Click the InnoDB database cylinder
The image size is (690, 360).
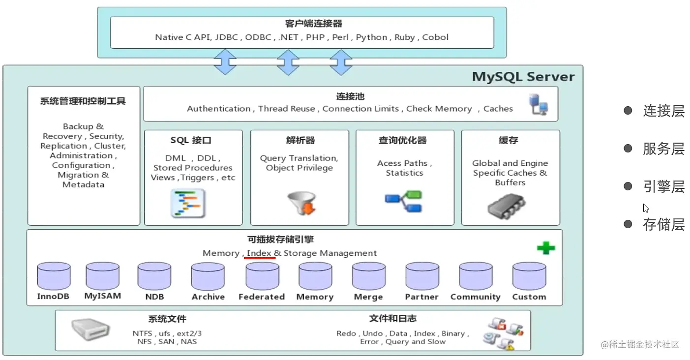click(x=54, y=276)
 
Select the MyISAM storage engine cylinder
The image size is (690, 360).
click(x=102, y=276)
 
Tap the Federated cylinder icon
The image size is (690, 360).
click(x=262, y=276)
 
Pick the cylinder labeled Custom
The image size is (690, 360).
click(x=529, y=276)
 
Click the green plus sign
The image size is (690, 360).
click(x=545, y=248)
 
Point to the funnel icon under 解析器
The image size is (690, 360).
click(x=300, y=203)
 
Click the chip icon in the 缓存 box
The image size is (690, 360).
click(x=506, y=206)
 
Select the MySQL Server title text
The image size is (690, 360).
click(x=523, y=77)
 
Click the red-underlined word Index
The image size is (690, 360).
click(x=259, y=253)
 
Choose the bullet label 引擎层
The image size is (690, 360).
click(x=663, y=187)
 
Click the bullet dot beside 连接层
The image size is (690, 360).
click(x=628, y=111)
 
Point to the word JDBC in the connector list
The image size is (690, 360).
click(x=226, y=37)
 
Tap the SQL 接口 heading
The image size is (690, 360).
click(x=191, y=141)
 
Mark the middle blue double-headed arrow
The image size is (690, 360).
click(x=288, y=61)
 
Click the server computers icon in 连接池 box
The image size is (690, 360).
click(x=538, y=105)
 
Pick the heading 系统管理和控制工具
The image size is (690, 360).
click(x=83, y=101)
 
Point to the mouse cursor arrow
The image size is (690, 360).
click(x=646, y=208)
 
